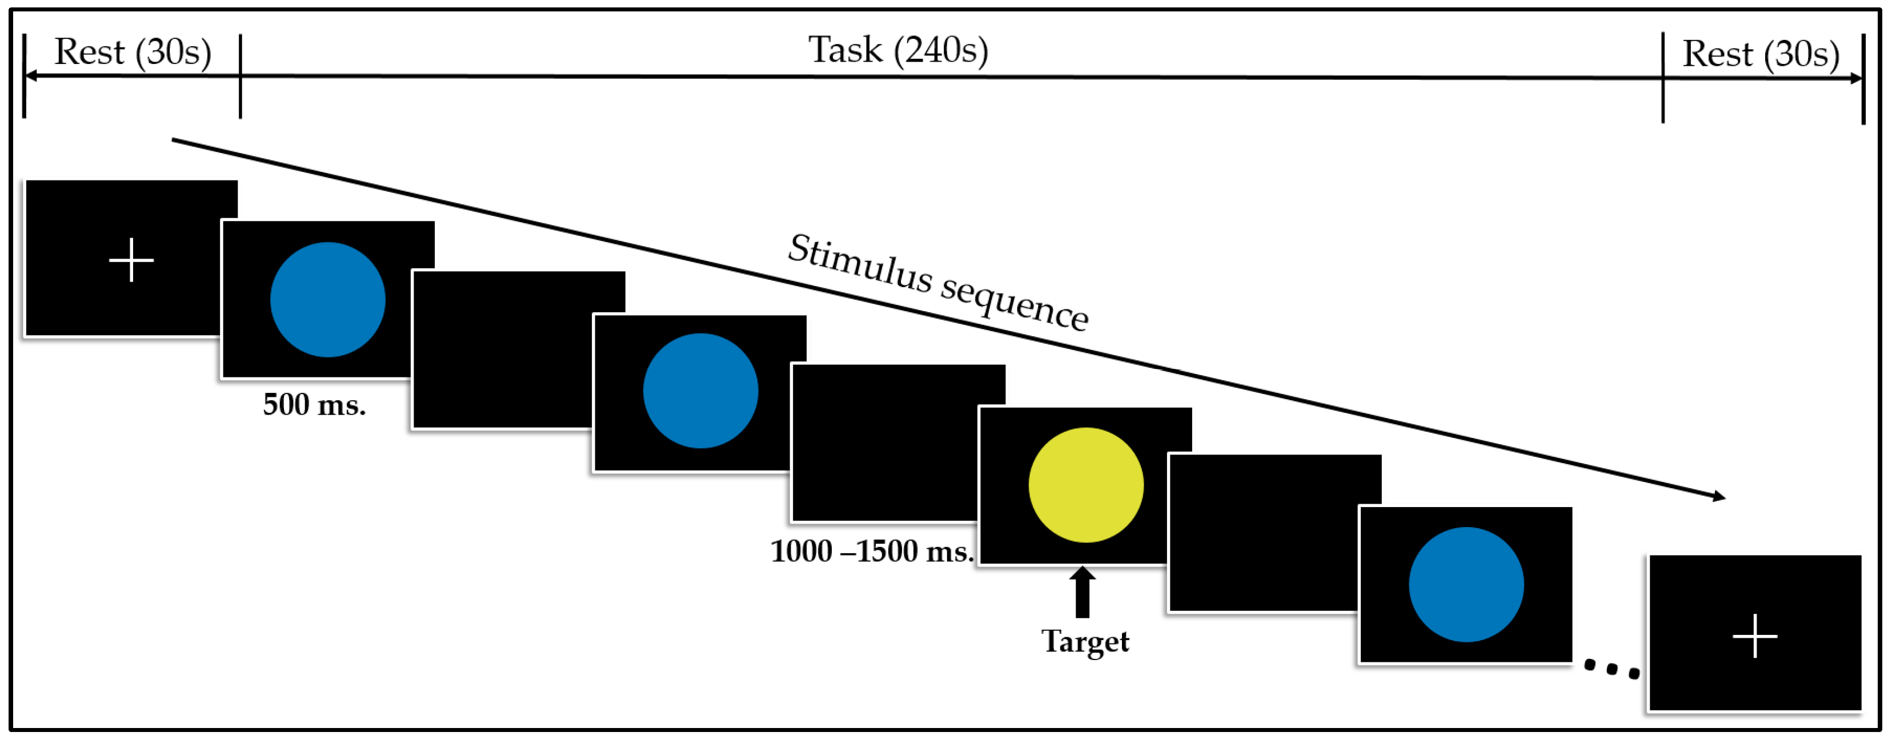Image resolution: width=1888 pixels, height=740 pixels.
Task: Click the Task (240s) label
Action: (x=898, y=51)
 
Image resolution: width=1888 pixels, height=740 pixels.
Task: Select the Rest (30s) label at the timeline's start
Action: (x=133, y=52)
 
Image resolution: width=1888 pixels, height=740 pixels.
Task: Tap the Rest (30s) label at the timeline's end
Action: (x=1761, y=54)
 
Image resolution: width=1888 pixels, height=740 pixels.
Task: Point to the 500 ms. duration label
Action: (x=314, y=404)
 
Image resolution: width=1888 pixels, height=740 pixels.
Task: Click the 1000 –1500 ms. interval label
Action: (x=871, y=551)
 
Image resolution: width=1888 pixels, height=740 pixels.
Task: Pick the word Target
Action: (x=1085, y=642)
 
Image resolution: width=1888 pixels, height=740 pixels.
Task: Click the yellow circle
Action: (x=1085, y=485)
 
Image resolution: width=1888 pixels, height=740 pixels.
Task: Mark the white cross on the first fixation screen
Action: (x=131, y=260)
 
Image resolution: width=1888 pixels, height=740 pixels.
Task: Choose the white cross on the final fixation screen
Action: (x=1754, y=636)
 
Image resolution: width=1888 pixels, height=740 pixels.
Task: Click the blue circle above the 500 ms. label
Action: (x=327, y=300)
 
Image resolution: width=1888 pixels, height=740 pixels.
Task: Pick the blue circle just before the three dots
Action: (x=1466, y=585)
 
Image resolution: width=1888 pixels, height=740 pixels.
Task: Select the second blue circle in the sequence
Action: (x=701, y=391)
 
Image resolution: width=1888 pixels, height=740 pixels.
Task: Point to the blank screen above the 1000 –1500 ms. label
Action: (x=883, y=442)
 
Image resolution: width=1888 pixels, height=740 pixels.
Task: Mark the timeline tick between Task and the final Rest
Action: (x=1663, y=77)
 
